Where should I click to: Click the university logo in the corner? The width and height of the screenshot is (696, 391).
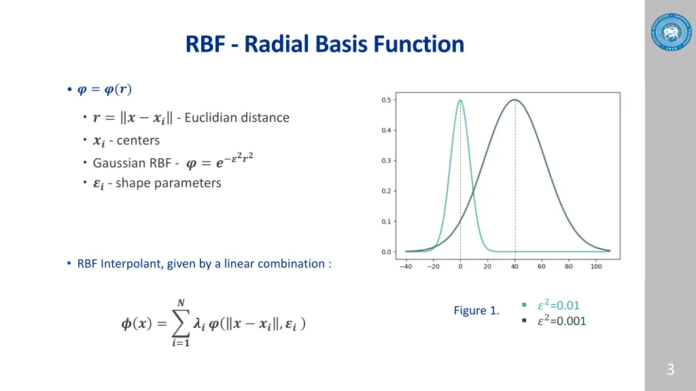669,31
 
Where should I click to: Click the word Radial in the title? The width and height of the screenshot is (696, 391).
273,45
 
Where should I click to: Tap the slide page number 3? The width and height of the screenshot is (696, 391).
670,370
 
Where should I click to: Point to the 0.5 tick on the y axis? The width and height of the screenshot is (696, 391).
385,100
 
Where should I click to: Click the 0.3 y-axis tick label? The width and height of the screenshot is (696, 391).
385,161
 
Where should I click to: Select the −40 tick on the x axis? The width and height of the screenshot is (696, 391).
406,267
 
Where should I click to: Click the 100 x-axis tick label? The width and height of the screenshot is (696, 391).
596,267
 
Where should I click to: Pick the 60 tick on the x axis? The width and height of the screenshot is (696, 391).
542,267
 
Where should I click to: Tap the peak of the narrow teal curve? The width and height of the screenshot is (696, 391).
461,100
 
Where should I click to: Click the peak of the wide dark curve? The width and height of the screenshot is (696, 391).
515,100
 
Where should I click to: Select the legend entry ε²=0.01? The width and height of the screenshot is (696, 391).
558,305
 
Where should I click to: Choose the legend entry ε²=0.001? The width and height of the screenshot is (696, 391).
561,321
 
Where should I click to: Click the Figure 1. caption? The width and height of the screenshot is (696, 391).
476,311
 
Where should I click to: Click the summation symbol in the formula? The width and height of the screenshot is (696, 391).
179,324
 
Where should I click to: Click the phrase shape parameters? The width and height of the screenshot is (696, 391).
169,183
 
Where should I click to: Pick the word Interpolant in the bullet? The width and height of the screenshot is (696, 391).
130,264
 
